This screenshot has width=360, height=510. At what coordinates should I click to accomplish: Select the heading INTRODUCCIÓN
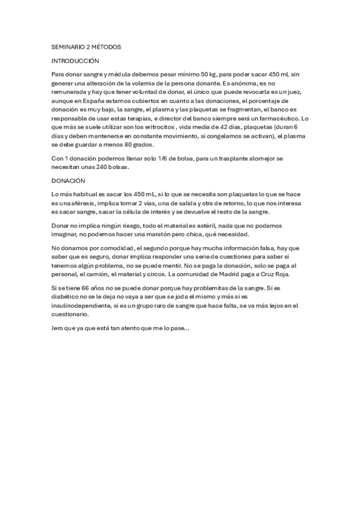[x=75, y=61]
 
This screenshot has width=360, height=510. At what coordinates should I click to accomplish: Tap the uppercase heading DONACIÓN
[x=69, y=180]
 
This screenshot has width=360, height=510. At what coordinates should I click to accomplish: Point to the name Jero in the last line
[x=58, y=328]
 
